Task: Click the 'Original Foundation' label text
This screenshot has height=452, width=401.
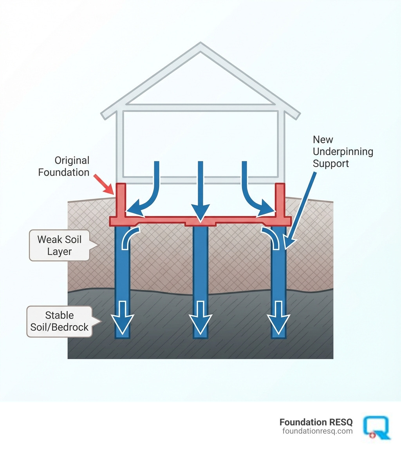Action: click(x=64, y=166)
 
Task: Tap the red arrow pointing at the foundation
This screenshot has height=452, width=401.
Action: click(x=105, y=184)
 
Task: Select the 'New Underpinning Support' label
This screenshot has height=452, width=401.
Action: click(x=343, y=152)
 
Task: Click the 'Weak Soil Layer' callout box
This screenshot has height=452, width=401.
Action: click(x=60, y=245)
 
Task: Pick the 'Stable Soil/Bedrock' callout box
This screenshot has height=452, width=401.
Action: click(x=60, y=321)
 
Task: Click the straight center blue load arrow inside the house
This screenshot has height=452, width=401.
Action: click(x=200, y=188)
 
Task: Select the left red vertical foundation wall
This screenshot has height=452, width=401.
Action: click(x=121, y=200)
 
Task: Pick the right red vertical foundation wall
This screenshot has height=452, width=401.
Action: click(x=280, y=200)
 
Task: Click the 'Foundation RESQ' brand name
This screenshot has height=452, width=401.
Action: click(x=316, y=422)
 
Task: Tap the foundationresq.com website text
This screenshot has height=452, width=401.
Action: click(x=317, y=431)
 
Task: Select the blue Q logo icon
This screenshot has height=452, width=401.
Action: click(x=377, y=427)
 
